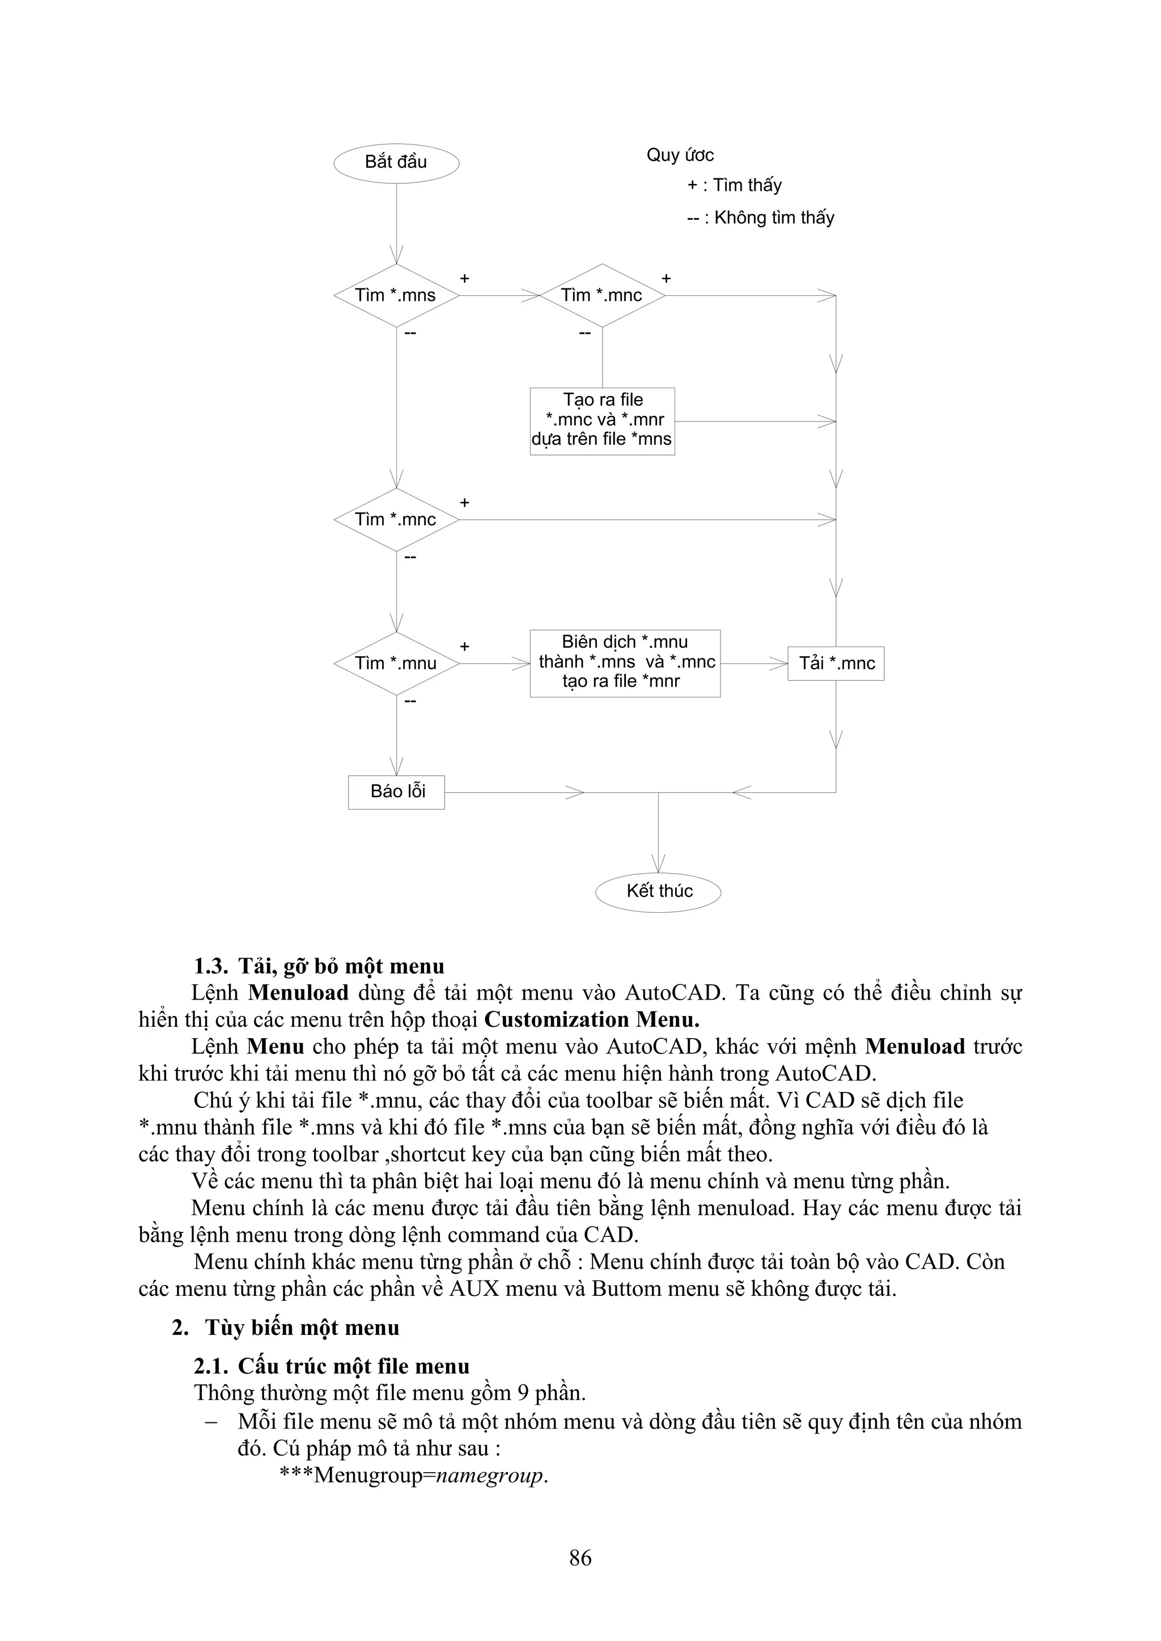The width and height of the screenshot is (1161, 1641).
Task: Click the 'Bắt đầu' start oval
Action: coord(396,162)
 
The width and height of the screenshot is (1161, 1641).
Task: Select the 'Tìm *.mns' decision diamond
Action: coord(396,295)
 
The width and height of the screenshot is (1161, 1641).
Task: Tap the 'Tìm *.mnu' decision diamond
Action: coord(396,664)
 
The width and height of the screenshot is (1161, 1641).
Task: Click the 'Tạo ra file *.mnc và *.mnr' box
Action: coord(602,420)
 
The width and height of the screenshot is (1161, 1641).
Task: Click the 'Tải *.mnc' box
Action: coord(836,664)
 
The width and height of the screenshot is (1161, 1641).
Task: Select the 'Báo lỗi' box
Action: coord(396,792)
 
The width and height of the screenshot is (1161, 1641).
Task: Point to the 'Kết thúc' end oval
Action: coord(658,891)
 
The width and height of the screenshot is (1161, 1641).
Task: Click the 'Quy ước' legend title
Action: coord(680,155)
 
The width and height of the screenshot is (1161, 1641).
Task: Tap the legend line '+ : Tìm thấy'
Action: coord(734,186)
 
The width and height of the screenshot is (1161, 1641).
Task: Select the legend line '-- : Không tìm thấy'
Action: coord(761,218)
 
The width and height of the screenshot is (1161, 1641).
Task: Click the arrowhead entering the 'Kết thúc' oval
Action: coord(658,864)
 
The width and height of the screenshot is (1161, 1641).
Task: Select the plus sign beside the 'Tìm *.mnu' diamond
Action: coord(465,647)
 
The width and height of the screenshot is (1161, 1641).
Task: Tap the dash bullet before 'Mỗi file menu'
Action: coord(211,1422)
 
